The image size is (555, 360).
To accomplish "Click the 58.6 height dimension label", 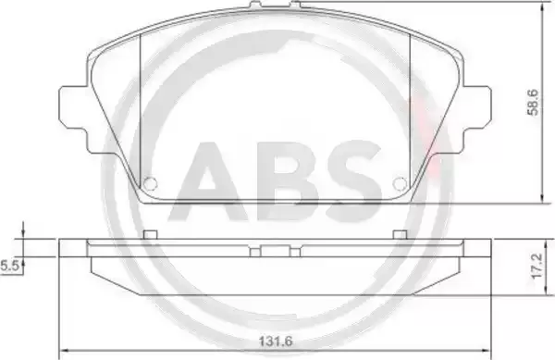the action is (x=533, y=103).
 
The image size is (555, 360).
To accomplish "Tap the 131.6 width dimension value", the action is (x=276, y=341).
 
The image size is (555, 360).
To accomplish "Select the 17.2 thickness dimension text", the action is (x=536, y=266).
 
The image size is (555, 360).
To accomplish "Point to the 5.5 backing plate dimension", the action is (x=9, y=266).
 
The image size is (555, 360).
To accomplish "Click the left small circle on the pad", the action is (x=150, y=183).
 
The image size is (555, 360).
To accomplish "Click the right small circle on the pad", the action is (x=400, y=183).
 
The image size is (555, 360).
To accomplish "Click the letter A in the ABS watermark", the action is (x=209, y=181).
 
